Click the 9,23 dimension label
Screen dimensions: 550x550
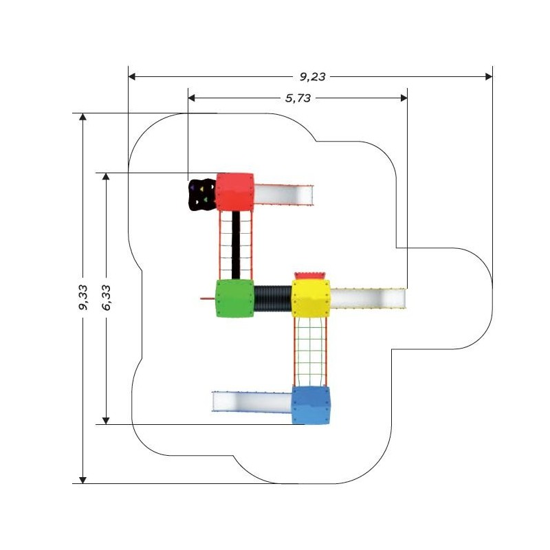[x=312, y=77]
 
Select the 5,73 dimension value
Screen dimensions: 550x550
[x=298, y=98]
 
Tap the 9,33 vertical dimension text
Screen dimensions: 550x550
[x=83, y=298]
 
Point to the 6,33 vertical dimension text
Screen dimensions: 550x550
[x=107, y=298]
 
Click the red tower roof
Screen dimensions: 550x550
[x=234, y=192]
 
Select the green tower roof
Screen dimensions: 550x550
[x=234, y=298]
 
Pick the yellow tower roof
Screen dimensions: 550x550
[x=311, y=298]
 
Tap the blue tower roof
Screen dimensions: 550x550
[x=311, y=405]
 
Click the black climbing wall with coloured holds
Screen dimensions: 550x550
[x=202, y=195]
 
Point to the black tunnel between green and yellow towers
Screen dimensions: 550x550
[x=272, y=298]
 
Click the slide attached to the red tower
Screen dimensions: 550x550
[x=283, y=195]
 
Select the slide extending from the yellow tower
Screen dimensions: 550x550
[x=368, y=298]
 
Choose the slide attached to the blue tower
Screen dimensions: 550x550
[x=252, y=401]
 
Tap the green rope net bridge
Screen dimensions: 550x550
[x=310, y=352]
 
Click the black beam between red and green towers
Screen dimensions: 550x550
[x=236, y=245]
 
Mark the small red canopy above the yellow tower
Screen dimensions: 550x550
[x=311, y=276]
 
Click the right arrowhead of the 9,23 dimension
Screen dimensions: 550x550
[x=489, y=76]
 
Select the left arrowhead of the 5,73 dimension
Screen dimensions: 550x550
[x=192, y=98]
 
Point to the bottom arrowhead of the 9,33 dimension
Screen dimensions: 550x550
[x=82, y=480]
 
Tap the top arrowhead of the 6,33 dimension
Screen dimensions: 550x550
[x=106, y=177]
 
